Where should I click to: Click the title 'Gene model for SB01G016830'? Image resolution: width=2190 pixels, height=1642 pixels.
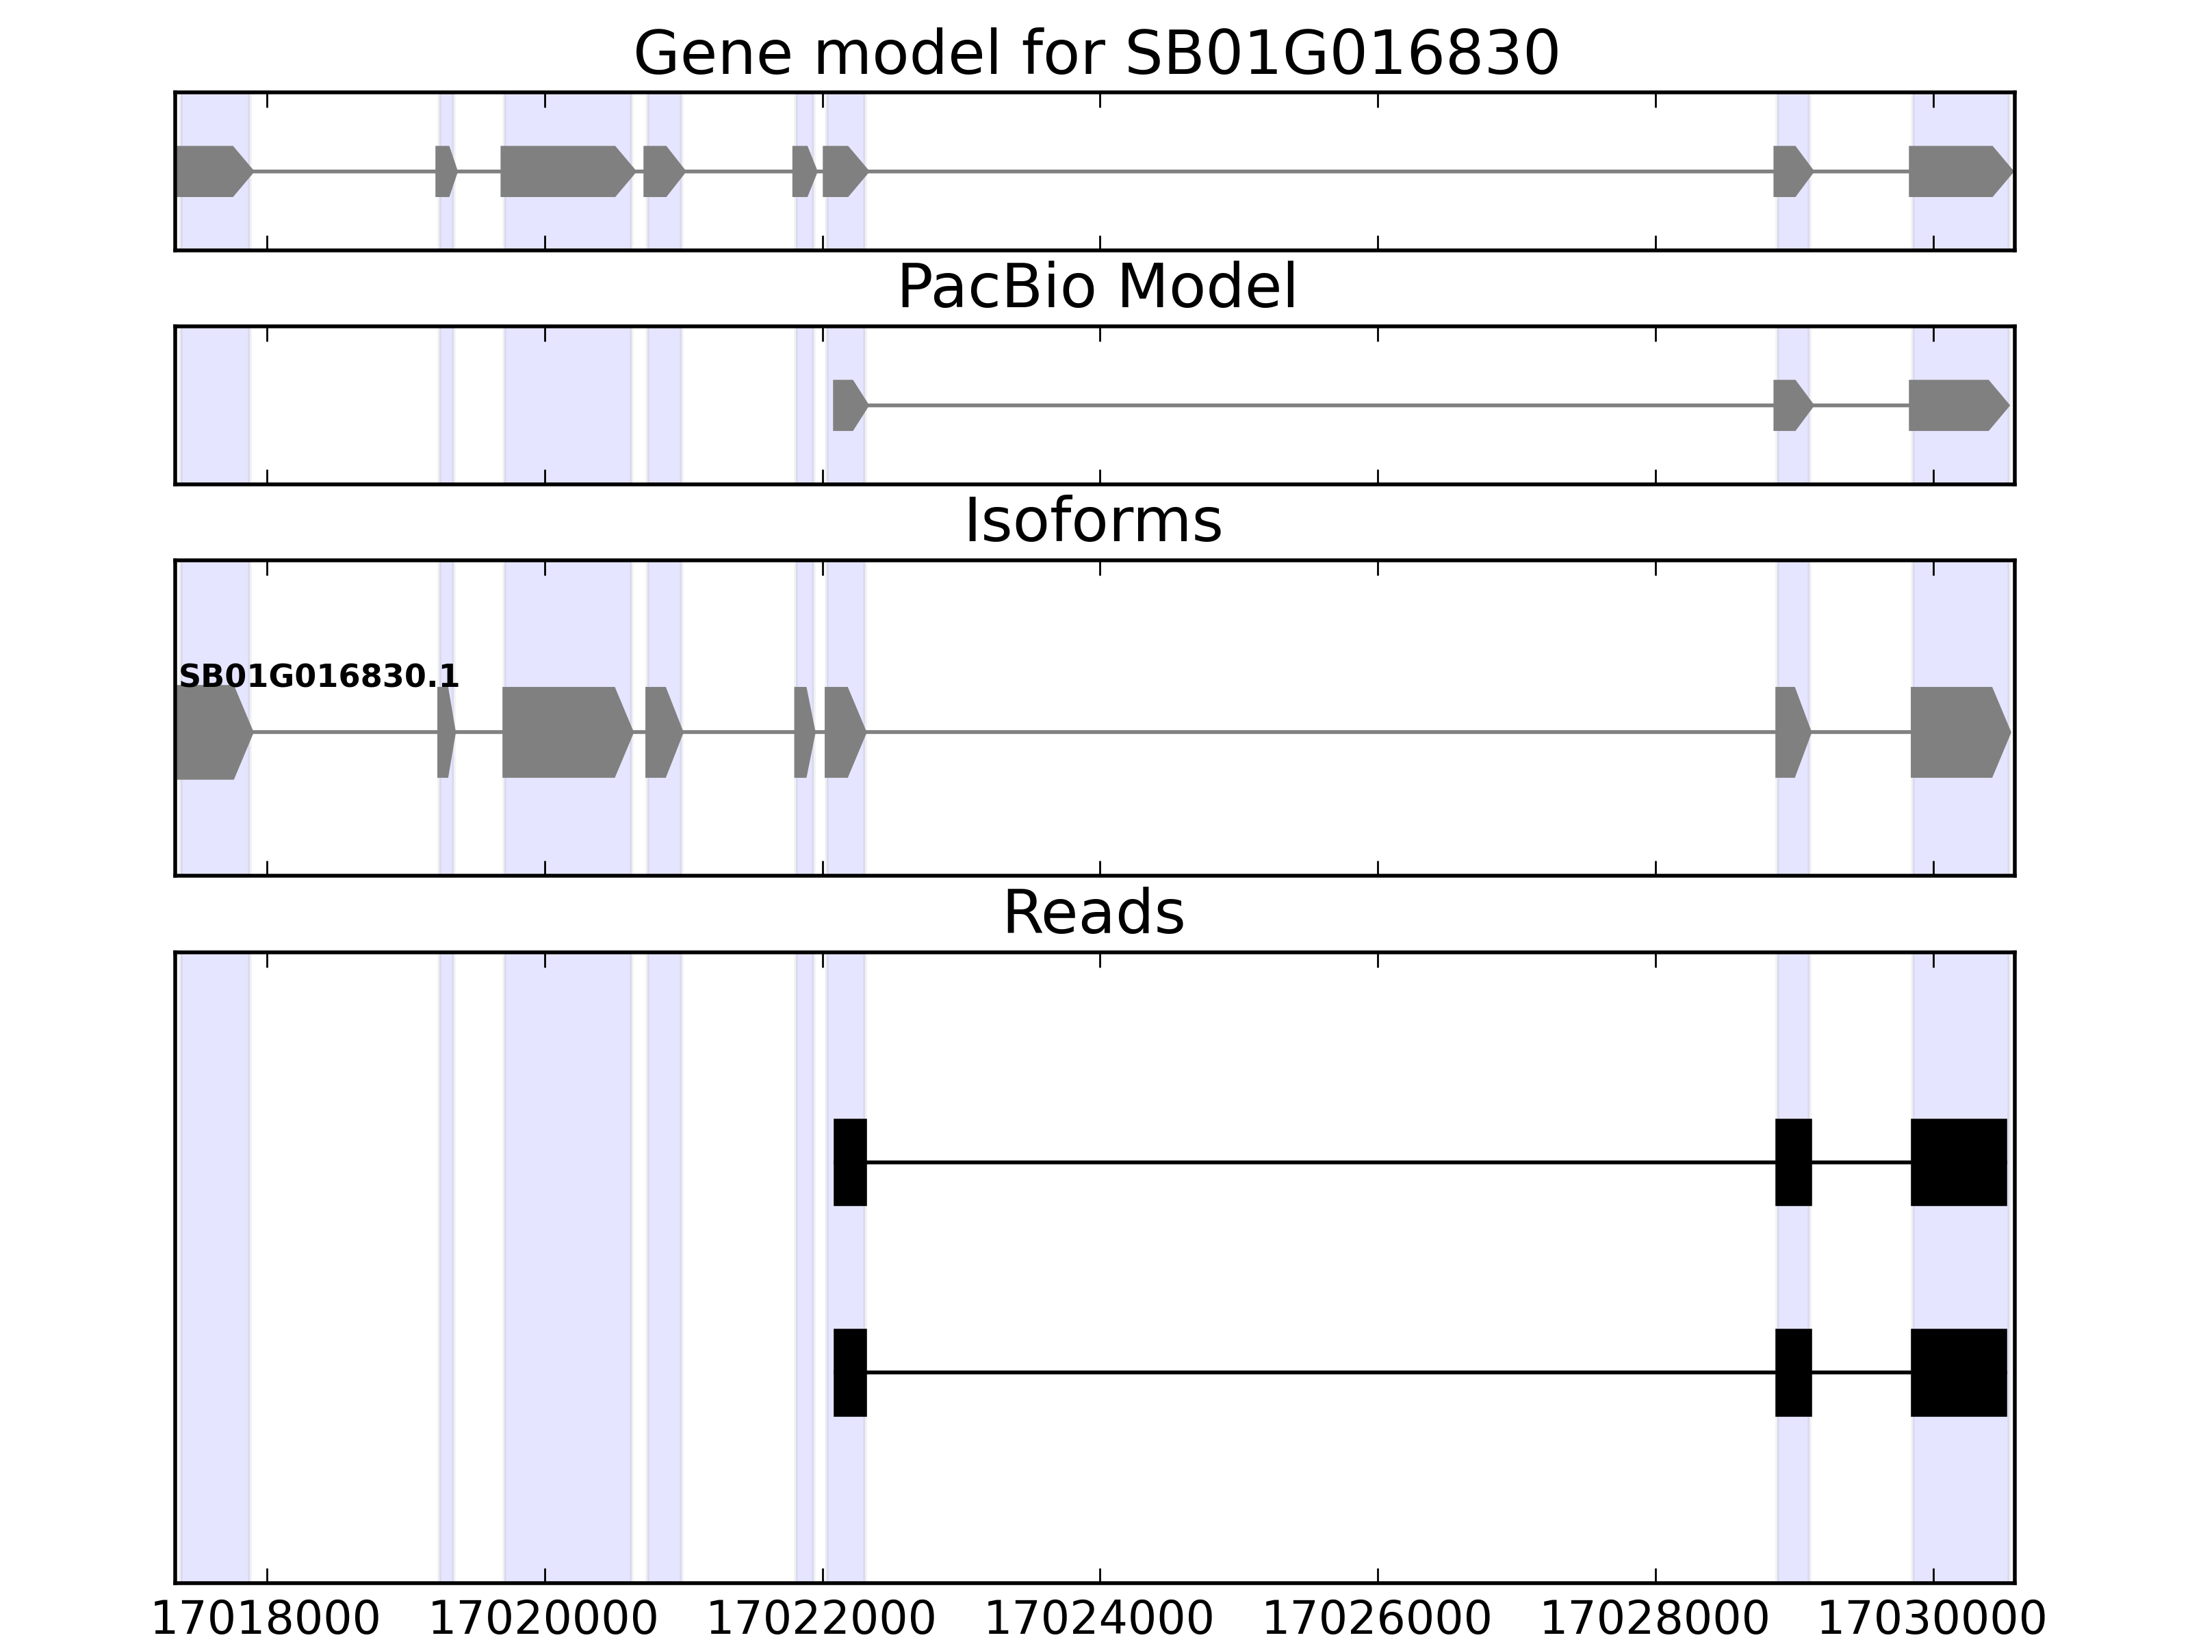click(1096, 53)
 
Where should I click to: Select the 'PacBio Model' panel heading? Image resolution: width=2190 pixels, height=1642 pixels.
click(1096, 288)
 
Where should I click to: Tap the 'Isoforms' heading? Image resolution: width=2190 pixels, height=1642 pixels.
click(1093, 521)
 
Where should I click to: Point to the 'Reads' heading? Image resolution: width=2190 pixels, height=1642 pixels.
click(1093, 913)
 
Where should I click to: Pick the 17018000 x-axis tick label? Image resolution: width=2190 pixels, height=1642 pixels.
click(266, 1619)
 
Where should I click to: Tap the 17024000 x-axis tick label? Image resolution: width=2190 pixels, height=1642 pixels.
click(1099, 1619)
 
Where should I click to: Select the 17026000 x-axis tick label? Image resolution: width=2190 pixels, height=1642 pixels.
click(1377, 1619)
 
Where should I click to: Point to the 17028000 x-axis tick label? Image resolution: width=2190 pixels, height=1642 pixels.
click(1656, 1619)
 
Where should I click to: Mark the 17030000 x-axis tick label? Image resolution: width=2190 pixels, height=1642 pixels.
click(1933, 1619)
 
